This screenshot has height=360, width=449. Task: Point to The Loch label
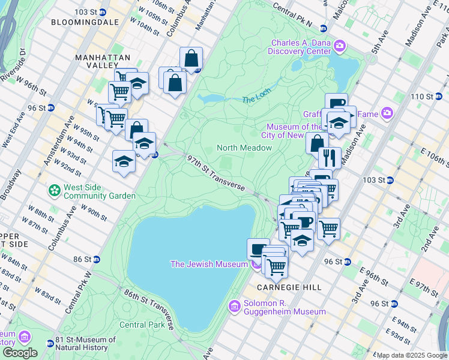click(x=256, y=95)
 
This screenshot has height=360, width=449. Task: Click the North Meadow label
click(x=244, y=148)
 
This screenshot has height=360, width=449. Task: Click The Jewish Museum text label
click(x=209, y=264)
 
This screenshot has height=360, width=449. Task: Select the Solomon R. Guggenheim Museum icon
click(x=235, y=307)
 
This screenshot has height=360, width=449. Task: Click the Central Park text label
click(x=142, y=325)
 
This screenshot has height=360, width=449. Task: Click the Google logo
click(x=20, y=353)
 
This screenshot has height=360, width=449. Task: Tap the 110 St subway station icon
click(x=441, y=97)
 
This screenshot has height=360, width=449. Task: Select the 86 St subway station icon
click(x=97, y=259)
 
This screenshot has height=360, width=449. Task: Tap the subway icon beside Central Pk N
click(x=323, y=28)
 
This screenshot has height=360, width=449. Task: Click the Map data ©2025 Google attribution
click(x=412, y=355)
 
